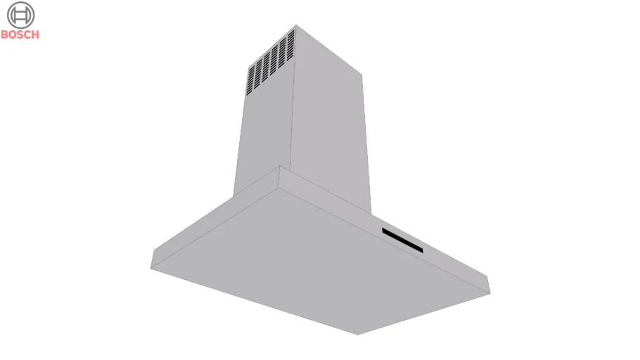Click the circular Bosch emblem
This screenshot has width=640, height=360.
(x=20, y=15)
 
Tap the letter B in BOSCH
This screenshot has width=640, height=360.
(x=4, y=34)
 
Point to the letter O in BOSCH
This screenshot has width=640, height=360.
(x=12, y=34)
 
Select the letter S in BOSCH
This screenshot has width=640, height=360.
(x=19, y=34)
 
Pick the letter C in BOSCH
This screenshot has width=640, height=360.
(x=27, y=34)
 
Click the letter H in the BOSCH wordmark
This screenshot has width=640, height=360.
(x=35, y=34)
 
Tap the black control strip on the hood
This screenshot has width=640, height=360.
(x=402, y=240)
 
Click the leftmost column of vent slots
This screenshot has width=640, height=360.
(x=250, y=80)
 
